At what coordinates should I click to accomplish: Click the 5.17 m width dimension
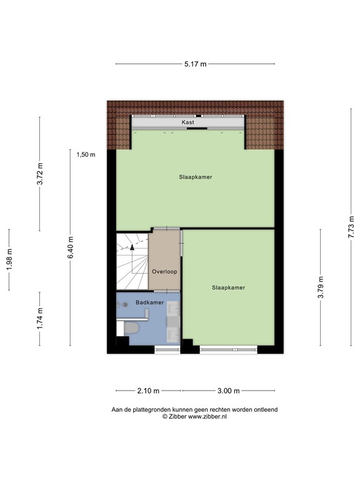pos(195,64)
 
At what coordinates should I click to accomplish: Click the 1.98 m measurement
pos(9,259)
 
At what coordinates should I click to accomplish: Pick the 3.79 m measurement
pos(321,287)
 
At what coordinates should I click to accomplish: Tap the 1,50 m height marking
pos(86,155)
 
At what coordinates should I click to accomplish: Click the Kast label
pos(188,122)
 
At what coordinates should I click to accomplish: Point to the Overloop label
pos(165,272)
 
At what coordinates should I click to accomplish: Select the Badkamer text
pos(150,302)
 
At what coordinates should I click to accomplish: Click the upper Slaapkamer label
pos(195,177)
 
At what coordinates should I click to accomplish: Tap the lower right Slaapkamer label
pos(228,287)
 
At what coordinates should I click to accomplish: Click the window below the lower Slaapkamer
pos(228,349)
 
